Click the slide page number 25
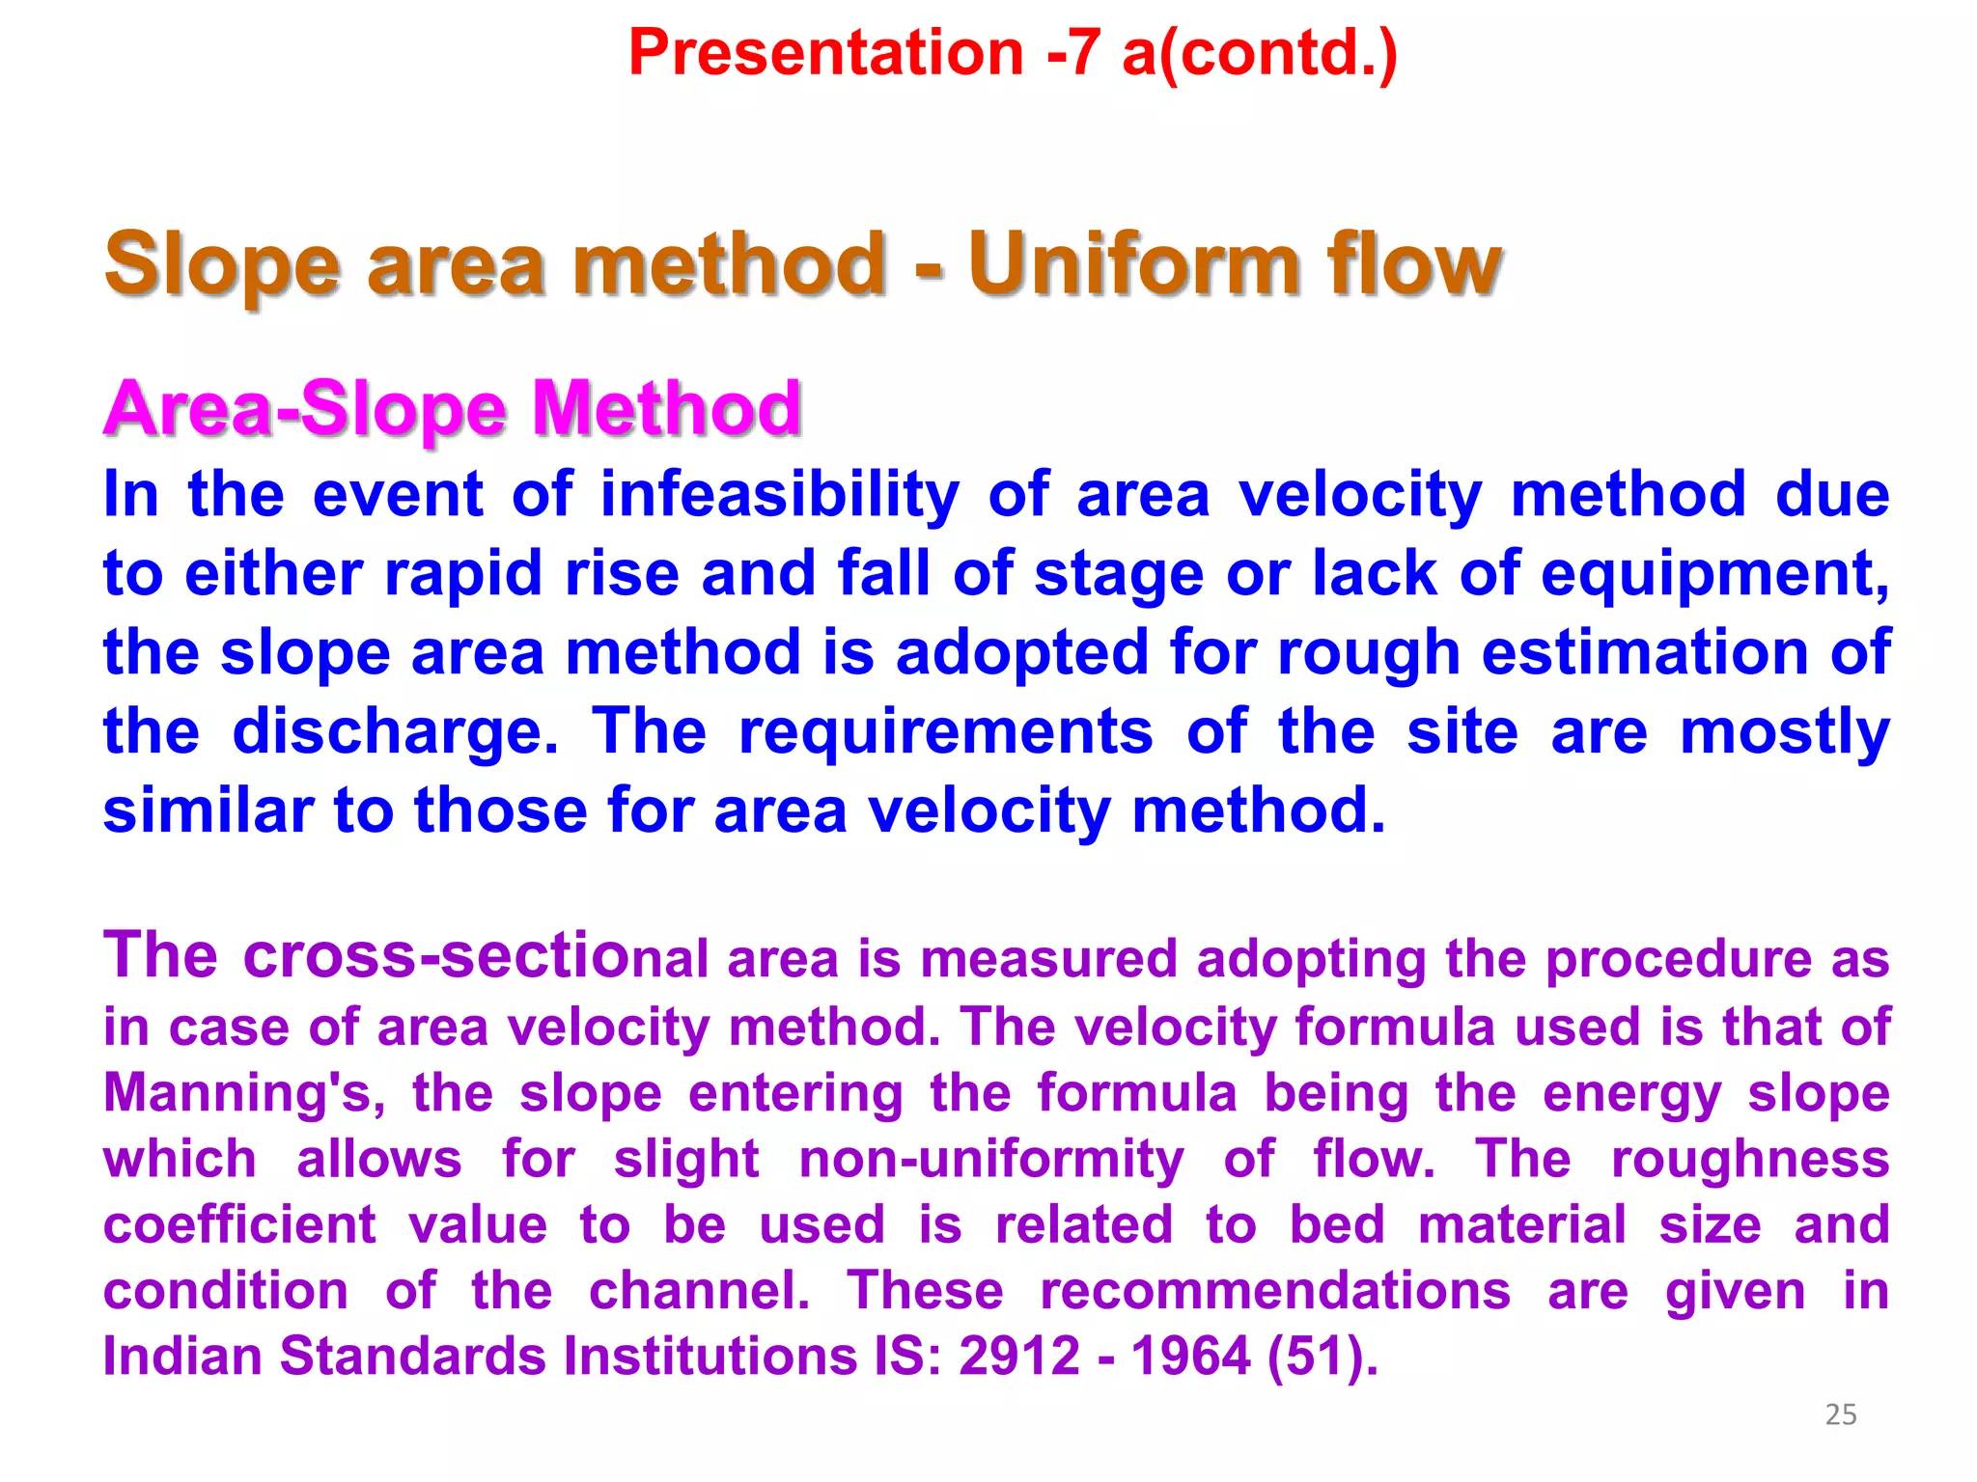click(1840, 1414)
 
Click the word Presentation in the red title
click(825, 52)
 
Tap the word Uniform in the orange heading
click(1135, 264)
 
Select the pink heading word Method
click(666, 409)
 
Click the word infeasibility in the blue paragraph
click(779, 496)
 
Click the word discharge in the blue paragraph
click(394, 731)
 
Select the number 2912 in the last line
click(1018, 1357)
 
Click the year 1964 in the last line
click(1190, 1357)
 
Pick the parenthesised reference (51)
click(1321, 1357)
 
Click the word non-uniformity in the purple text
click(990, 1160)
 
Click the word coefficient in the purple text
click(238, 1225)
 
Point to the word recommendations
click(1274, 1291)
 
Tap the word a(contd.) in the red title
click(1259, 52)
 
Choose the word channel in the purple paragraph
click(698, 1291)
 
